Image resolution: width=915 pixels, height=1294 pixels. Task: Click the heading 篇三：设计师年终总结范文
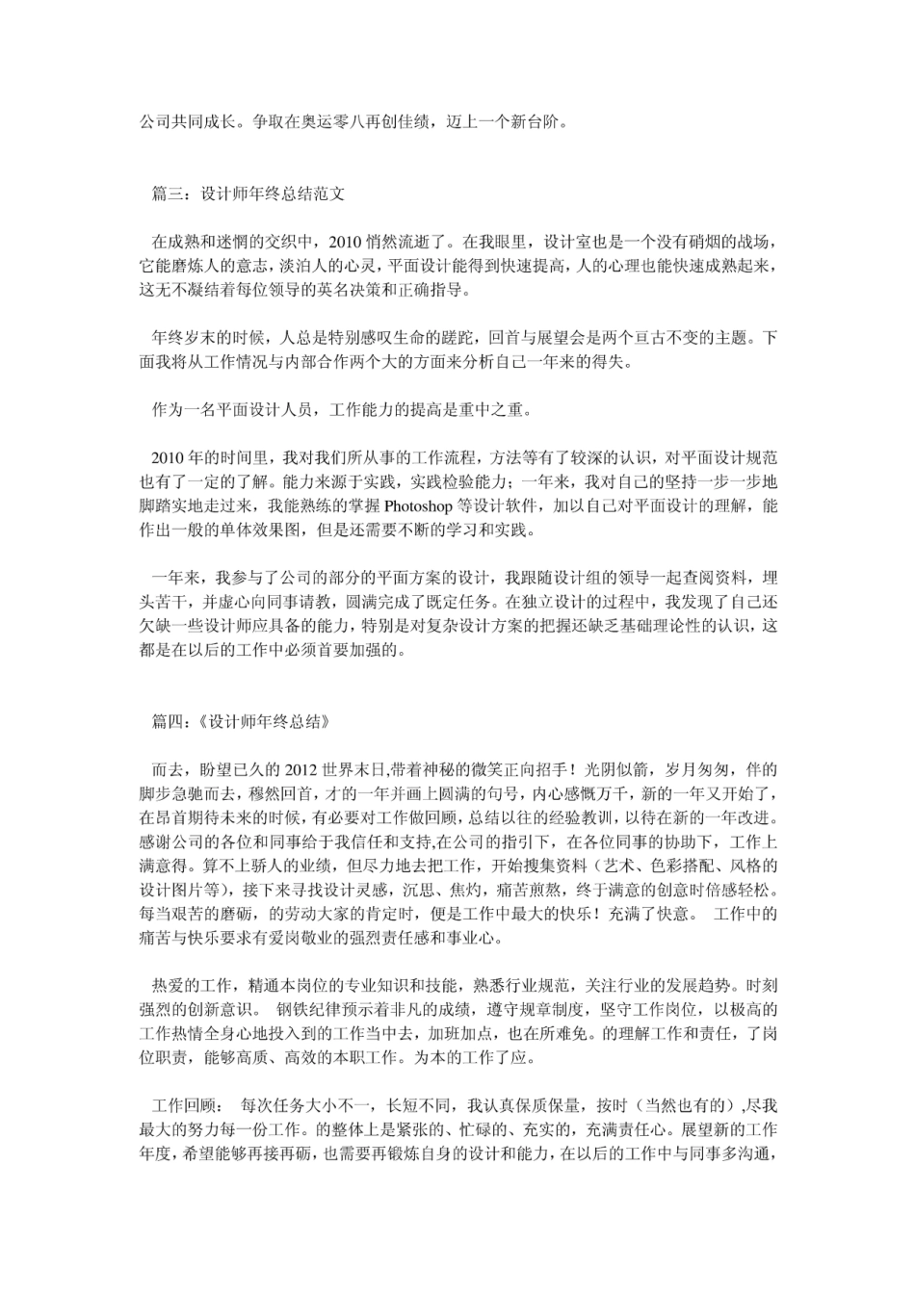coord(248,194)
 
